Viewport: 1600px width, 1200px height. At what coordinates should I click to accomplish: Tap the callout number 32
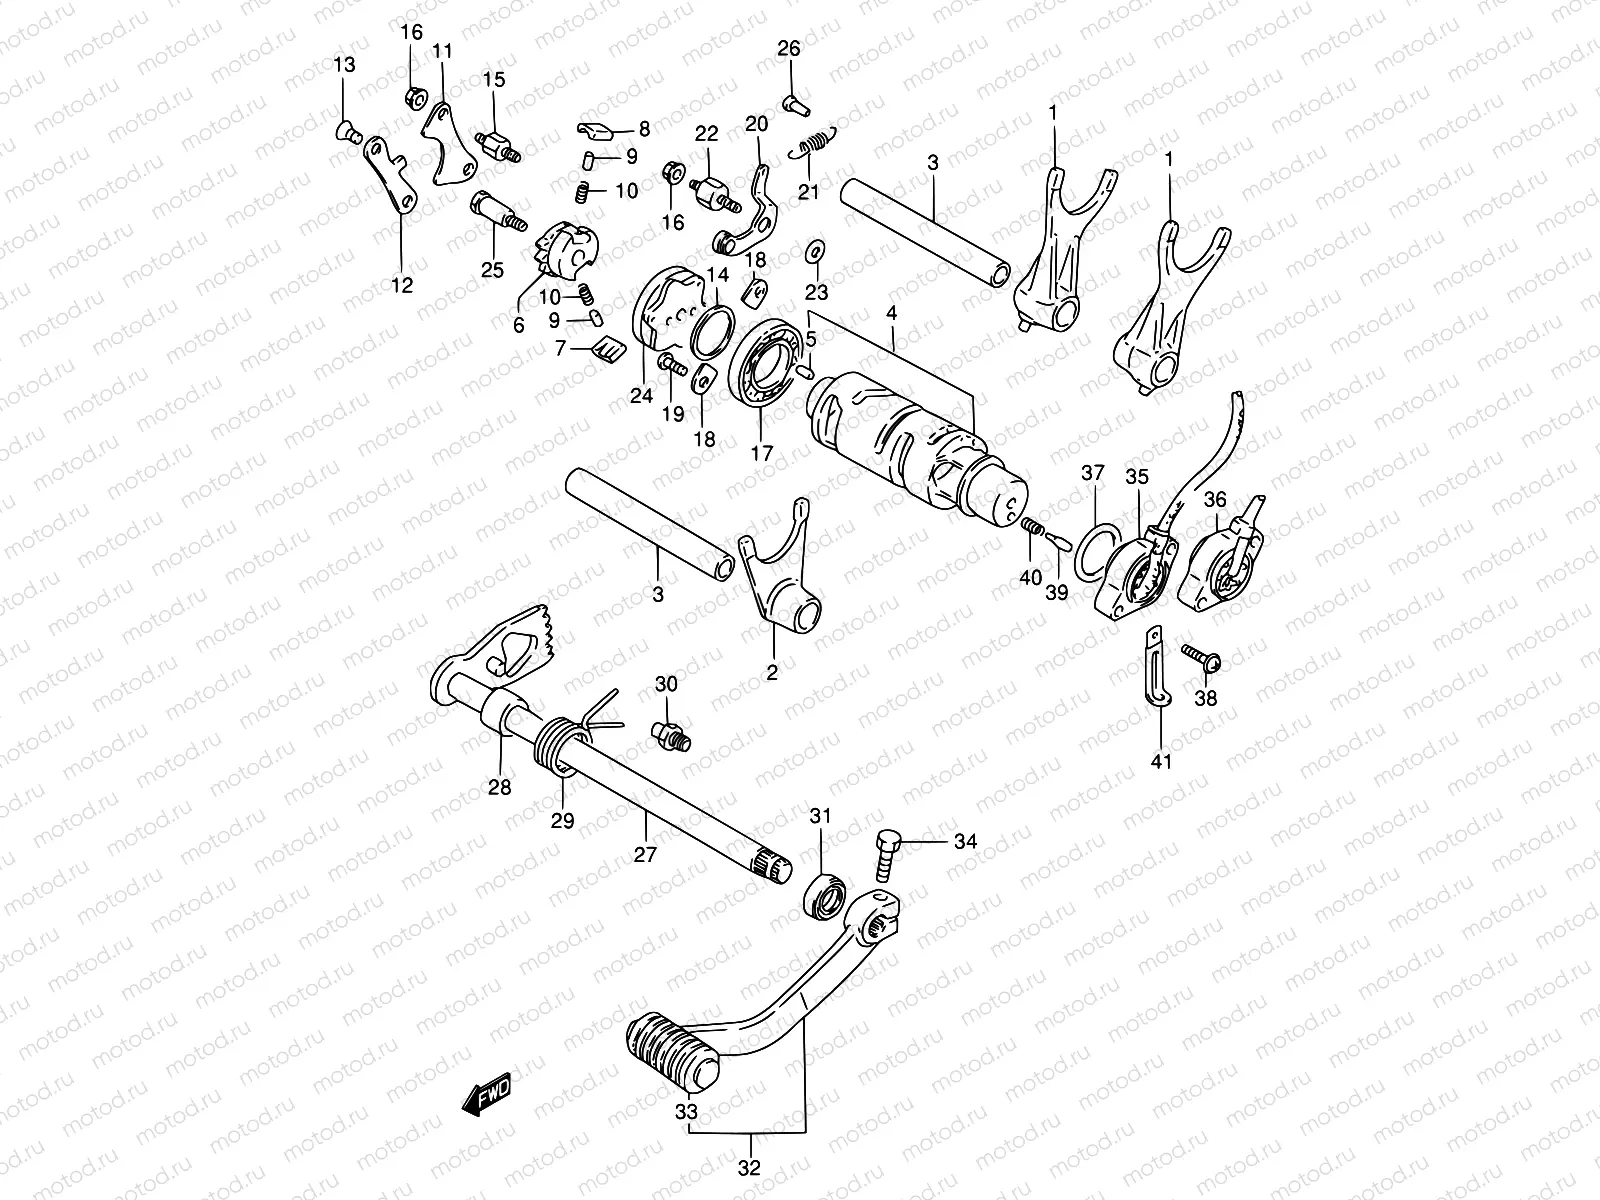pyautogui.click(x=750, y=1167)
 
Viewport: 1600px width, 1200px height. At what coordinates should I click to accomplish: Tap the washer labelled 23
pyautogui.click(x=814, y=248)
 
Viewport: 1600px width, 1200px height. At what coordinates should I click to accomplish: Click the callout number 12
pyautogui.click(x=401, y=285)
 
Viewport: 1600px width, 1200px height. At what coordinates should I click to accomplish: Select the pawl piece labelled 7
pyautogui.click(x=609, y=349)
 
